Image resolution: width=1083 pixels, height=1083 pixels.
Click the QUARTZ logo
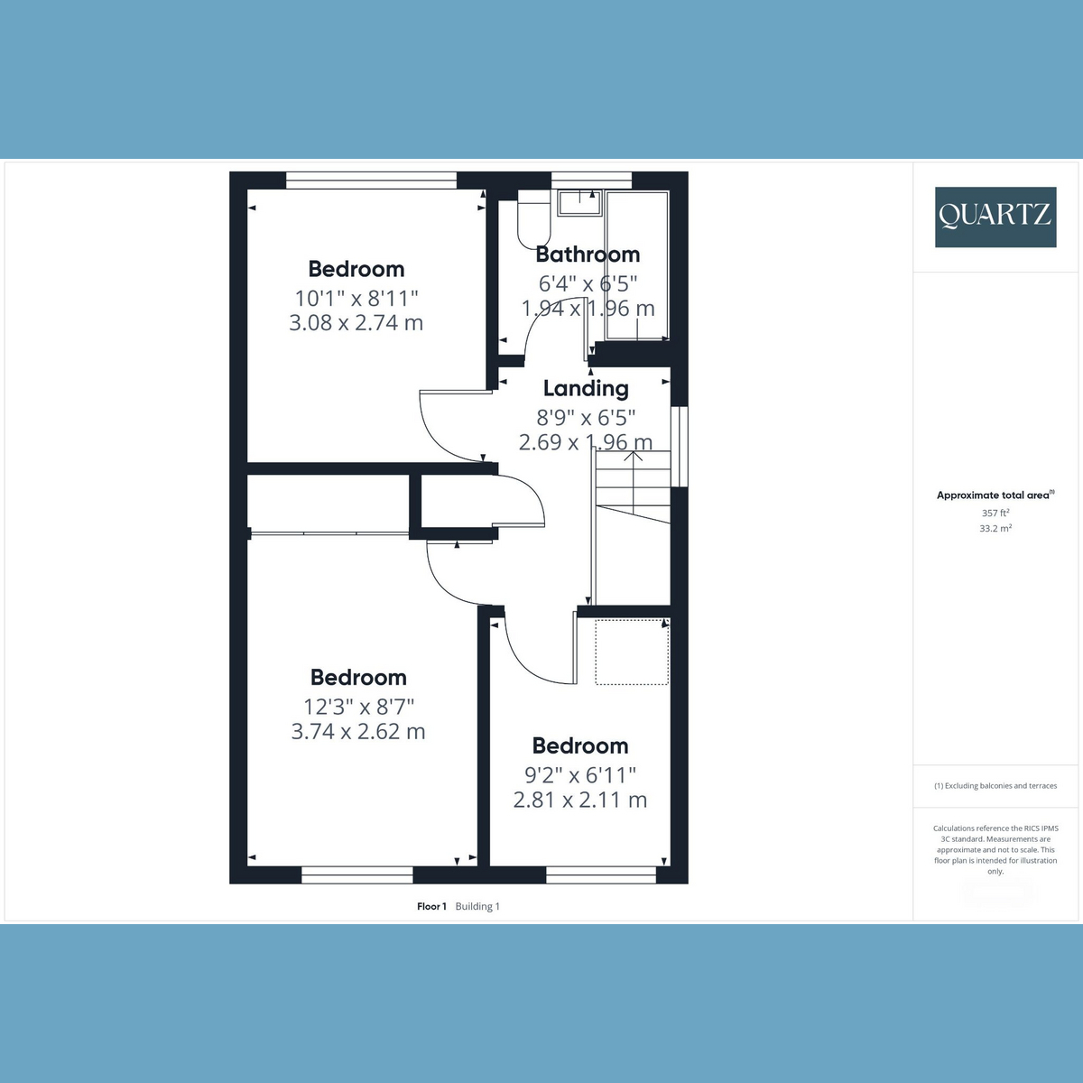995,217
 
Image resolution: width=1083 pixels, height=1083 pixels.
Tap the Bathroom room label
588,255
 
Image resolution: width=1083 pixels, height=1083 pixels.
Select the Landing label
586,389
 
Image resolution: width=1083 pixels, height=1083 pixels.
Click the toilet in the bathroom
534,219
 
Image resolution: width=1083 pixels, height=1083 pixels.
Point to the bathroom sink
580,203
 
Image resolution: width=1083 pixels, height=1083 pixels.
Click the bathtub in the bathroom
637,265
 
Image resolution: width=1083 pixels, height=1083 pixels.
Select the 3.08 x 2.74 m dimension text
356,323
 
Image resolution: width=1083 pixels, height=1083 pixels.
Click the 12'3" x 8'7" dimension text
358,706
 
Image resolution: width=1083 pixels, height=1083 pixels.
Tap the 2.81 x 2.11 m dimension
580,800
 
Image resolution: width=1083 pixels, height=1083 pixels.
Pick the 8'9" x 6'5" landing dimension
586,418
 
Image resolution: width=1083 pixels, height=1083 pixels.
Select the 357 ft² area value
995,514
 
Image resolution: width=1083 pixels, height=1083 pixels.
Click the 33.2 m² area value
995,528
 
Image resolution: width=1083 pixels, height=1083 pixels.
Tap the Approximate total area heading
995,495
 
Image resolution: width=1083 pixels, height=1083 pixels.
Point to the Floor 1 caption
431,906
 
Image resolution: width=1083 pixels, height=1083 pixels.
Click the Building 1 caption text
477,906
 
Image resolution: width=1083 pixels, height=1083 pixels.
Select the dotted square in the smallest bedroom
632,652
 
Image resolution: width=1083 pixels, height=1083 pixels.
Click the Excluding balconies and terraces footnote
995,786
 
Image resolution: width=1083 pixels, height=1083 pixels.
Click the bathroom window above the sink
591,180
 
